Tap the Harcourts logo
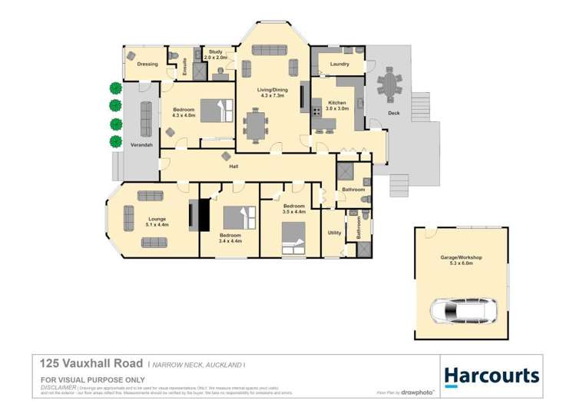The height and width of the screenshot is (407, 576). (x=492, y=376)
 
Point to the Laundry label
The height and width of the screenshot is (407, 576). (x=339, y=65)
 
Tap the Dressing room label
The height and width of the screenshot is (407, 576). (x=147, y=65)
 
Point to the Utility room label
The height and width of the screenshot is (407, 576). (x=334, y=232)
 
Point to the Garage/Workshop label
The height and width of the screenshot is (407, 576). (x=461, y=259)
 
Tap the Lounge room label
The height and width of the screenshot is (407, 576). (x=157, y=221)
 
